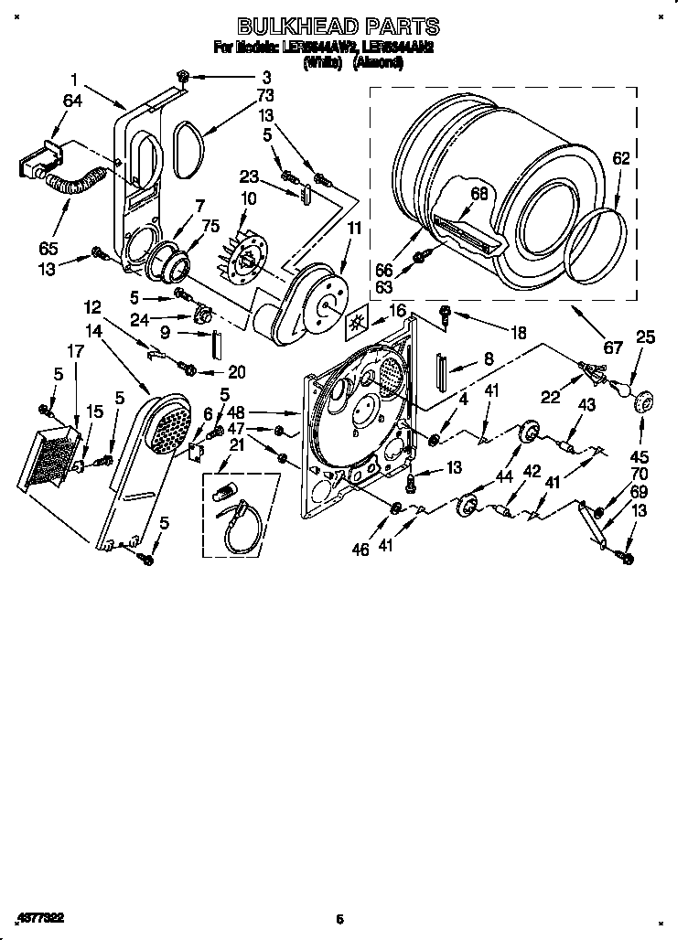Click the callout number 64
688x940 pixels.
72,101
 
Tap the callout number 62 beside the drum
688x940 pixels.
620,158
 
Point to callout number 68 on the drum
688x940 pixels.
479,193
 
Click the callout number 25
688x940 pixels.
646,338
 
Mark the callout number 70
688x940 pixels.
638,475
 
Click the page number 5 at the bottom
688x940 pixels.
339,919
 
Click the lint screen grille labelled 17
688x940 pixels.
54,454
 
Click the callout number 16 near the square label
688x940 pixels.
396,313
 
